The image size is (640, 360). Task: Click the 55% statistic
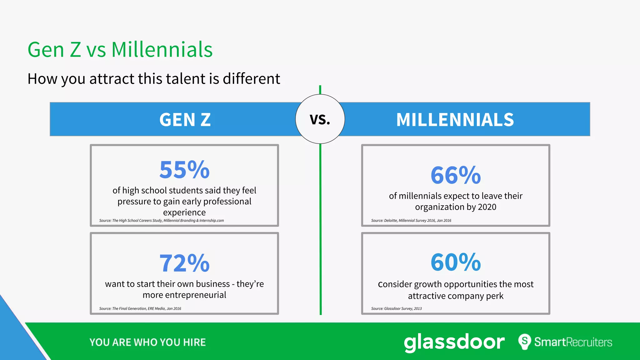click(x=184, y=170)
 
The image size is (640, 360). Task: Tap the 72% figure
click(x=184, y=263)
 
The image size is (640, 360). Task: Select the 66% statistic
click(x=456, y=175)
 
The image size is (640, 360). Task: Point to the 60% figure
click(x=456, y=262)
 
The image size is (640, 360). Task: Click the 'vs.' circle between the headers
click(x=320, y=119)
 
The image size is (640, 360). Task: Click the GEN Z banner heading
click(x=185, y=120)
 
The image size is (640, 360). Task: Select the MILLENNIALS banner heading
click(x=455, y=120)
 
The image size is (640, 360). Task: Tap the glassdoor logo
click(x=454, y=342)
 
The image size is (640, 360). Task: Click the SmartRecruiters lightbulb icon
click(x=525, y=342)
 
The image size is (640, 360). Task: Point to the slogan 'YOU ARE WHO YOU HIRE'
click(x=147, y=342)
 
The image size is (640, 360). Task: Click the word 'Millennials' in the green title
click(x=162, y=50)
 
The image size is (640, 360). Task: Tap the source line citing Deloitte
click(x=411, y=221)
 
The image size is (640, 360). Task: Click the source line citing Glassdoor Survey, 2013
click(x=396, y=309)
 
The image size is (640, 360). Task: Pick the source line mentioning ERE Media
click(x=140, y=309)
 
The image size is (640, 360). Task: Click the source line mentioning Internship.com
click(x=161, y=221)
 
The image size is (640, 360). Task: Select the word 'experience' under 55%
click(x=184, y=212)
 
